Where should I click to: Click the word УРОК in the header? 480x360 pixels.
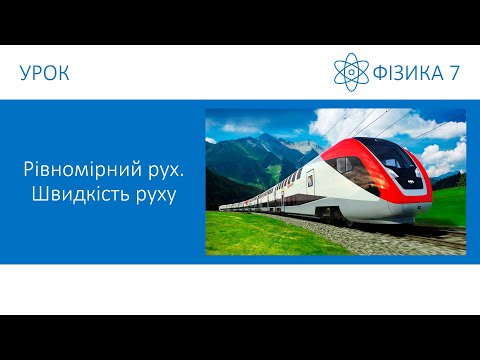[x=44, y=73]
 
